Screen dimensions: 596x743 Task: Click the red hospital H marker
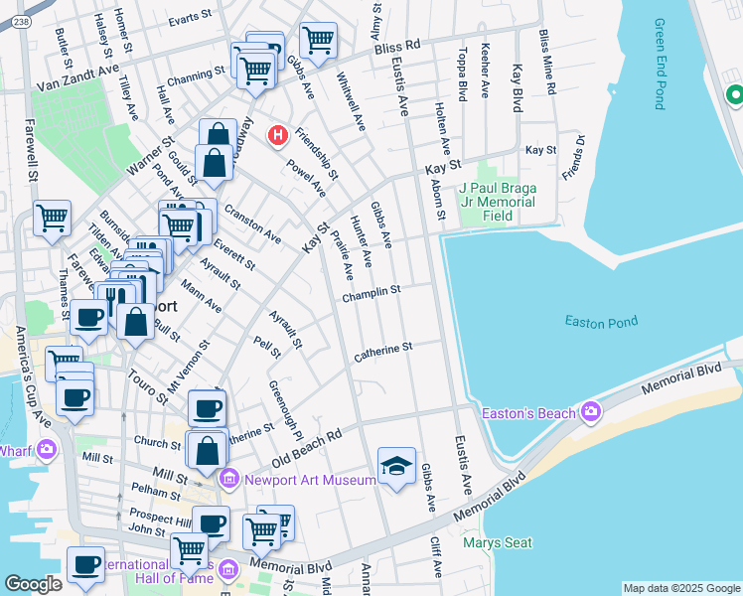click(x=279, y=134)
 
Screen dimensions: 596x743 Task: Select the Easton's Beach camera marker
click(x=591, y=411)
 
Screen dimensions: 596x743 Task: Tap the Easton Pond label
click(x=600, y=321)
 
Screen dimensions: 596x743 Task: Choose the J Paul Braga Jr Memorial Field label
click(x=499, y=202)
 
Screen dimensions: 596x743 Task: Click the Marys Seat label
click(x=497, y=542)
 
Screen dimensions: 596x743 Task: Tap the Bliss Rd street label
click(x=400, y=45)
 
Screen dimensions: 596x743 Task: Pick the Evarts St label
click(x=191, y=20)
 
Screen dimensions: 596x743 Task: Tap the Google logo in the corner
click(x=33, y=583)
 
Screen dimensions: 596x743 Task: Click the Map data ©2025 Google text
click(x=680, y=588)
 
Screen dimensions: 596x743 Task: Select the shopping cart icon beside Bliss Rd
click(x=318, y=41)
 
